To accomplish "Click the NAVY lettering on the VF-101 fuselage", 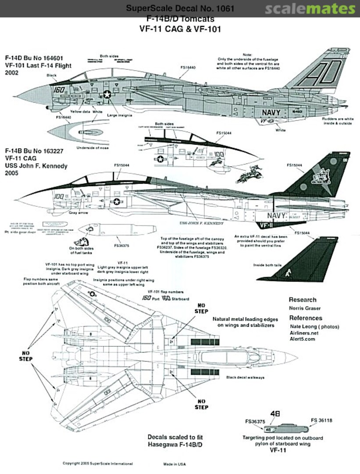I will [274, 112].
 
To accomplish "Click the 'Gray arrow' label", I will [79, 212].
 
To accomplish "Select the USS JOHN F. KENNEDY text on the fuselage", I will [202, 223].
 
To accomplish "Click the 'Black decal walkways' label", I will [247, 377].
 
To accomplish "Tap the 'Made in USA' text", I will [175, 464].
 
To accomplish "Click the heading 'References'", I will [305, 318].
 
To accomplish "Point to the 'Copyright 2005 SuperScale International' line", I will [97, 463].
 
